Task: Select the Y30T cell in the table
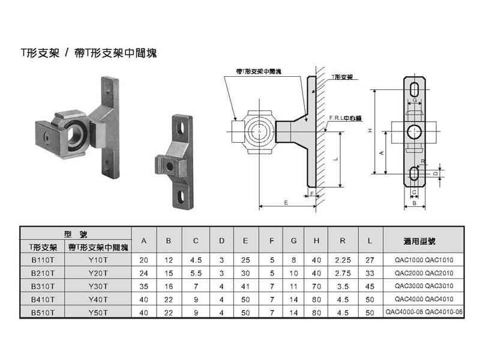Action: point(97,286)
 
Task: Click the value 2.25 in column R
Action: point(342,260)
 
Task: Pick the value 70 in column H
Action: point(316,286)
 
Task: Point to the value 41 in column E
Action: point(246,286)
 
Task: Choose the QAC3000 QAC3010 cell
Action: point(424,286)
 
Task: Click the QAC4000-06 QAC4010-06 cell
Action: point(424,313)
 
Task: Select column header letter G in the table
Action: point(293,241)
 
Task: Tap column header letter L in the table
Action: point(370,241)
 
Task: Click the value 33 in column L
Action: point(370,273)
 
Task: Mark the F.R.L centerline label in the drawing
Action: point(343,118)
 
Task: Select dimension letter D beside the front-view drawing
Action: point(436,173)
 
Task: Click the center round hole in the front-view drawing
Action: point(415,131)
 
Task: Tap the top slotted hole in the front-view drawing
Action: point(415,89)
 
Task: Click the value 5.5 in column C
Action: point(196,273)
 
